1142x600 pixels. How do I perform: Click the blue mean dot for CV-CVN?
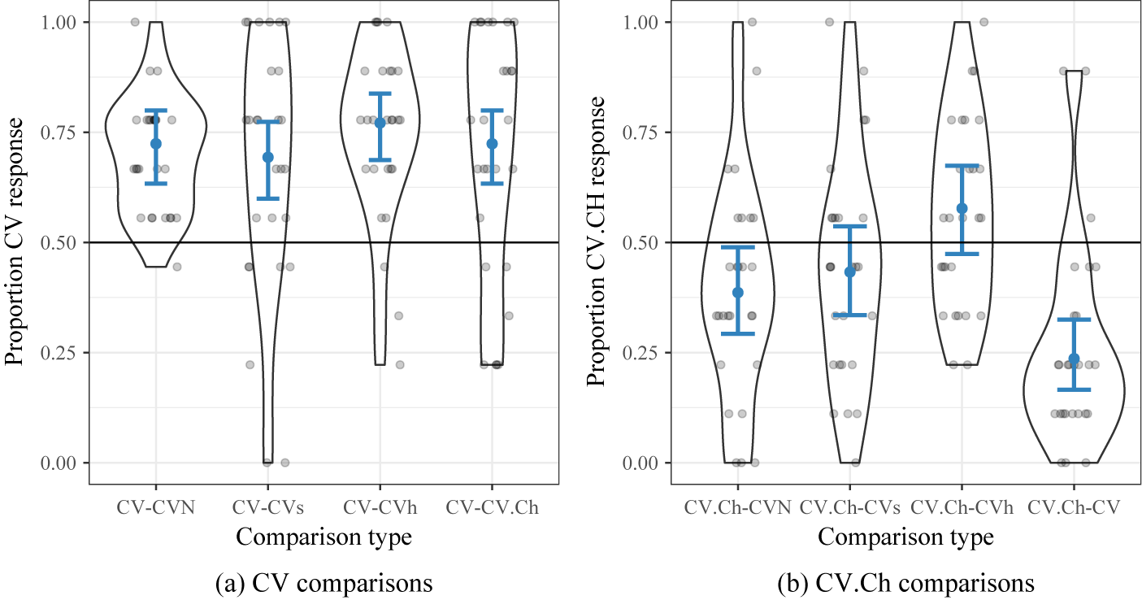pyautogui.click(x=155, y=143)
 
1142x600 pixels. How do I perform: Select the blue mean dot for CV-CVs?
pyautogui.click(x=267, y=157)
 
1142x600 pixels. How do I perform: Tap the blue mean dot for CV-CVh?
pyautogui.click(x=380, y=123)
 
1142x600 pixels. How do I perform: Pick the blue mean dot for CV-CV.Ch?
pyautogui.click(x=492, y=143)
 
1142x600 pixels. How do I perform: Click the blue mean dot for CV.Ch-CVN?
pyautogui.click(x=738, y=293)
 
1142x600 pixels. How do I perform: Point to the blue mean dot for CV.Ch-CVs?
pyautogui.click(x=850, y=272)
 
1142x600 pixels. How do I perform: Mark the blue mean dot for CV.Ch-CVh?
pyautogui.click(x=962, y=208)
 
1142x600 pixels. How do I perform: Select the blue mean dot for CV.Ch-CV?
pyautogui.click(x=1074, y=359)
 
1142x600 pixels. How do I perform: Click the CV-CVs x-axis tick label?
pyautogui.click(x=267, y=507)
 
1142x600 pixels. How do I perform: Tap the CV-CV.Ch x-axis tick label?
pyautogui.click(x=492, y=507)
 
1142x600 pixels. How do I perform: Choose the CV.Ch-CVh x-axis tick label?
pyautogui.click(x=962, y=507)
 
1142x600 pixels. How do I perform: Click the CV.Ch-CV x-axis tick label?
pyautogui.click(x=1074, y=507)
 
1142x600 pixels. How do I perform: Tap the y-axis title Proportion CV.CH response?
pyautogui.click(x=597, y=241)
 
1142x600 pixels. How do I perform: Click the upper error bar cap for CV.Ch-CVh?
pyautogui.click(x=962, y=166)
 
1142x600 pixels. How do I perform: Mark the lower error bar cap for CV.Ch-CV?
pyautogui.click(x=1074, y=390)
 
